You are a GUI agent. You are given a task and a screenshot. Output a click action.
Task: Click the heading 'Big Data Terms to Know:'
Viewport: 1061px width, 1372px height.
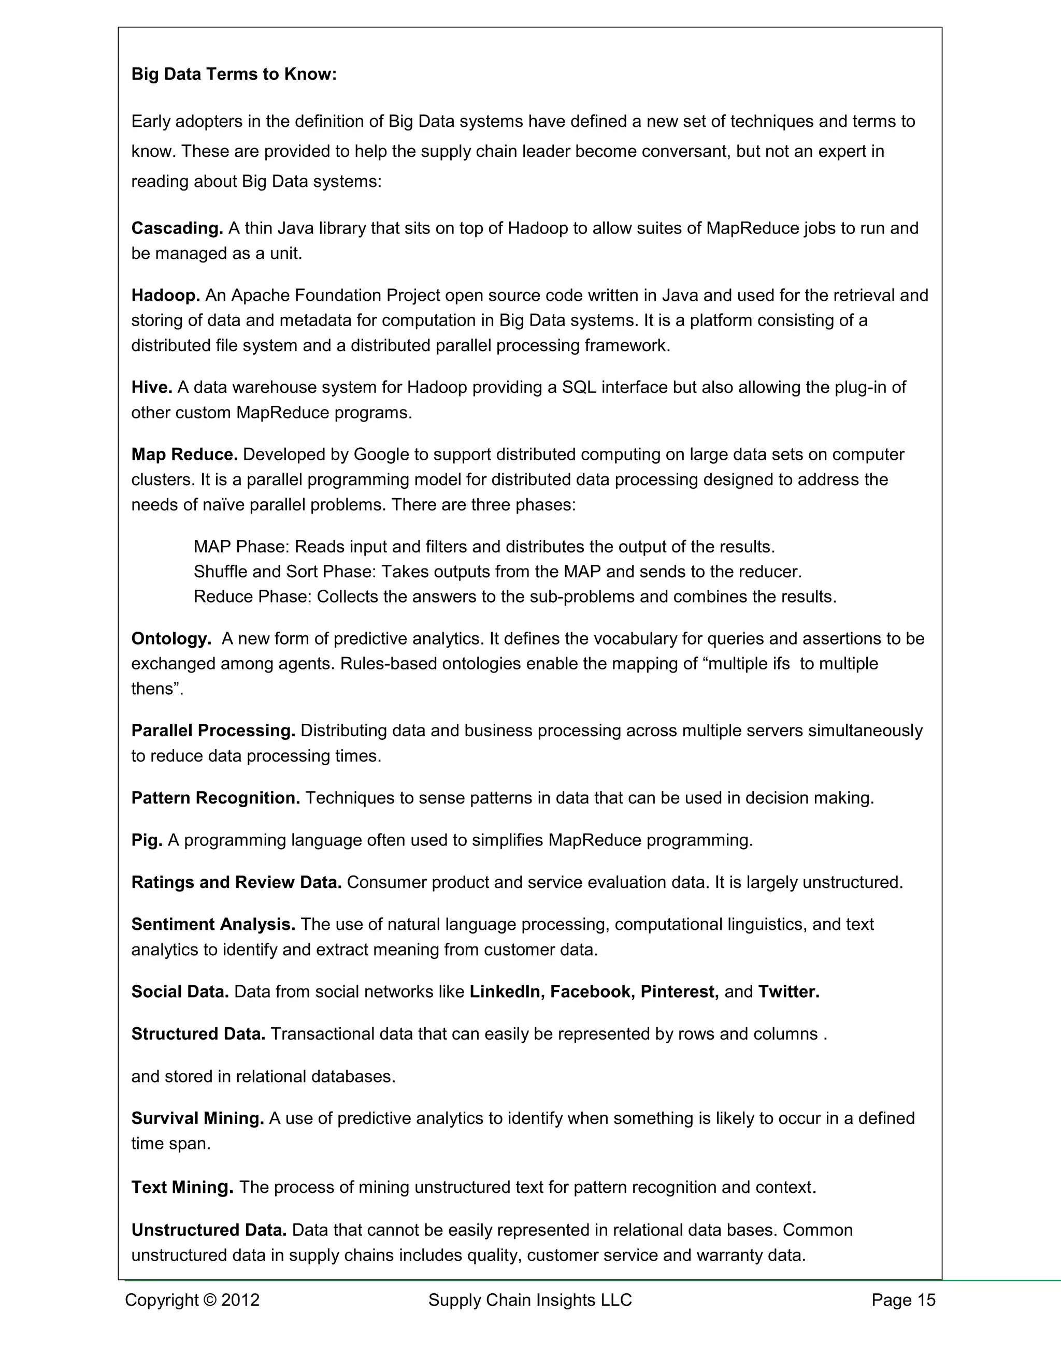[x=234, y=74]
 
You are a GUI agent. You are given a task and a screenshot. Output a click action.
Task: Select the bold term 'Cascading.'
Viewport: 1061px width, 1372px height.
[x=177, y=228]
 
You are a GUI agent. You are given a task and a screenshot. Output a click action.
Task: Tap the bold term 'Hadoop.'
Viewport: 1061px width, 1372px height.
[x=165, y=295]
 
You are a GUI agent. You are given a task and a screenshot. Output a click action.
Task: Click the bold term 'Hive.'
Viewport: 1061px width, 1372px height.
[x=151, y=387]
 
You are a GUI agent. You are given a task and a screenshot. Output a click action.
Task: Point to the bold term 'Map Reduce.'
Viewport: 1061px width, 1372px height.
[x=184, y=454]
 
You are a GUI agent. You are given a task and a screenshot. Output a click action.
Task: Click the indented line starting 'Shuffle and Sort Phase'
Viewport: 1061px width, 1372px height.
[x=497, y=572]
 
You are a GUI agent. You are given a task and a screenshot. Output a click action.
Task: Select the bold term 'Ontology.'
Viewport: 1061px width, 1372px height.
[x=171, y=639]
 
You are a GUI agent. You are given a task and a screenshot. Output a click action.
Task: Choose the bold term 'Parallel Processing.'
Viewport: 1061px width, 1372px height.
[x=213, y=731]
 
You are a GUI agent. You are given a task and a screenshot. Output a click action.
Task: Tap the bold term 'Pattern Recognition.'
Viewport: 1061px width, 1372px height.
[x=216, y=798]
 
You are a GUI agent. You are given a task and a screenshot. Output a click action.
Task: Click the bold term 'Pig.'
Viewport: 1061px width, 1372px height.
[x=147, y=840]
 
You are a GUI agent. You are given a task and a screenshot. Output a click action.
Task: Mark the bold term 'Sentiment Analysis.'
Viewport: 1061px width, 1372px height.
[x=213, y=924]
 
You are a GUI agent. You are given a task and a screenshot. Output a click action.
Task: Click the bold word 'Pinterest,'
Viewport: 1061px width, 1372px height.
[x=679, y=991]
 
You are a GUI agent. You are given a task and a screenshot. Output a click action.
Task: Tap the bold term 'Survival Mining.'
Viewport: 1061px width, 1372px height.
[x=197, y=1118]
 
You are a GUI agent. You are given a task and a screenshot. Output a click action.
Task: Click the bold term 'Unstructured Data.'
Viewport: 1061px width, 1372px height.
[x=209, y=1230]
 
